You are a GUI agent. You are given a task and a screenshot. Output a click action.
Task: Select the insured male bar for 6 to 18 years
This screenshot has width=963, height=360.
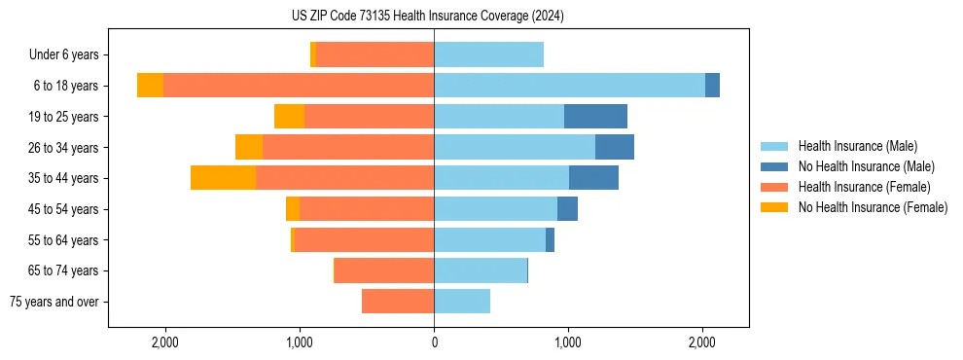tap(569, 86)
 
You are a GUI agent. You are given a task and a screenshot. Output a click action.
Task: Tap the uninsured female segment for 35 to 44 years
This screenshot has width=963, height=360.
tap(223, 178)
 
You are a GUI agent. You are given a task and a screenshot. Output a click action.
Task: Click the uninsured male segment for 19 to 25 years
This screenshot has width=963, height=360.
tap(595, 117)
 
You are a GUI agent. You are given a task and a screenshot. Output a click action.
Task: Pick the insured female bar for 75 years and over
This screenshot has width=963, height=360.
tap(398, 302)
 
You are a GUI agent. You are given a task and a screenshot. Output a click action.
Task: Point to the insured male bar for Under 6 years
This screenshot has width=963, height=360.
tap(488, 54)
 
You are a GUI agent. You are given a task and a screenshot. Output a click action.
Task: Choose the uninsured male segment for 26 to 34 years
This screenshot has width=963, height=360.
tap(615, 147)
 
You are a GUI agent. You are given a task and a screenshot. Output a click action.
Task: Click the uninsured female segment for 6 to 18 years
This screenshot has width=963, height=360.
tap(150, 86)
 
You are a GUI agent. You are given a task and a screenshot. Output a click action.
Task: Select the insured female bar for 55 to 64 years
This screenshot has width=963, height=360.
tap(364, 240)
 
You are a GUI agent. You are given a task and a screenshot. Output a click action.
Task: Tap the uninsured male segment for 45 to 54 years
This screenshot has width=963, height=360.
tap(567, 209)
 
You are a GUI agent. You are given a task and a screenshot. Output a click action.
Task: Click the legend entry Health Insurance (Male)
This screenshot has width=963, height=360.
tap(857, 146)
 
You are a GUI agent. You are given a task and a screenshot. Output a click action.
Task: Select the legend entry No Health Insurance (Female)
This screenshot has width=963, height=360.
tap(873, 207)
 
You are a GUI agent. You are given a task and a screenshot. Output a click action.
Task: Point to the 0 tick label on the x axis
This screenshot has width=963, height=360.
tap(434, 342)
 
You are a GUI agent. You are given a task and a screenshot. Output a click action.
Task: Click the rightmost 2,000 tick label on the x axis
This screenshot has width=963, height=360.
tap(702, 342)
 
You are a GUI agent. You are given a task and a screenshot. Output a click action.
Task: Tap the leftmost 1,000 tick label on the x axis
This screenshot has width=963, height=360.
tap(300, 342)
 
